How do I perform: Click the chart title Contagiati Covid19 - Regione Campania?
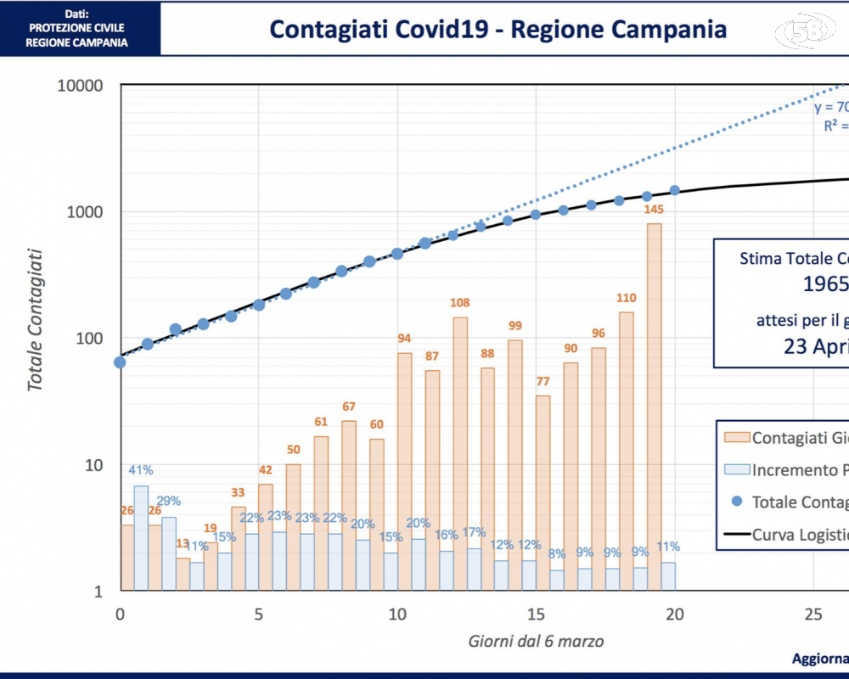[498, 29]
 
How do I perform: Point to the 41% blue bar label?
[141, 469]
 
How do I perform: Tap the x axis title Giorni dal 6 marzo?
[537, 642]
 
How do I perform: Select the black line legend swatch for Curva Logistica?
[736, 534]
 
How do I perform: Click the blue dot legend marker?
[736, 502]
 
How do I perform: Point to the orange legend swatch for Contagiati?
[736, 438]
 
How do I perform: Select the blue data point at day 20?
[674, 190]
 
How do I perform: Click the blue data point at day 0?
[120, 362]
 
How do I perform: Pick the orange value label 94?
[404, 339]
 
